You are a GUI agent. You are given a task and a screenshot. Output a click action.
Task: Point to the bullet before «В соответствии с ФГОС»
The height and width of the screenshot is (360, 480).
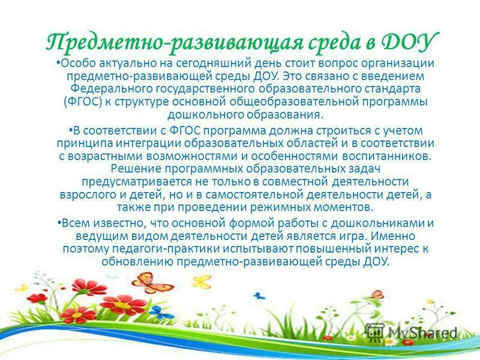(70, 128)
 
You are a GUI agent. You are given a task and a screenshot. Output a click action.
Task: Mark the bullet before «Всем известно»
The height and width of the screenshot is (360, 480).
(61, 221)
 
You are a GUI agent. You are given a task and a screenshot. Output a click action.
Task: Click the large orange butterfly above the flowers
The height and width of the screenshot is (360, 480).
(152, 282)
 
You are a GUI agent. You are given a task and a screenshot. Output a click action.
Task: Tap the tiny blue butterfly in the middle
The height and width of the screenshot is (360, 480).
(259, 296)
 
